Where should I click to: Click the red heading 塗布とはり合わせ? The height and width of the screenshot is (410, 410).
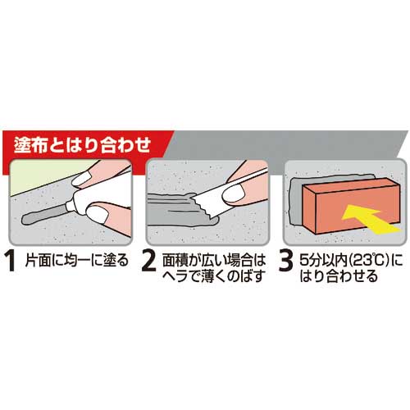click(82, 144)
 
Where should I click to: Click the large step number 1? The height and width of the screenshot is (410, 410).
click(11, 262)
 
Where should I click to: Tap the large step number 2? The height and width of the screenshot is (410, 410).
click(149, 262)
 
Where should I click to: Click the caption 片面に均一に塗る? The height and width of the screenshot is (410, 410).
click(77, 261)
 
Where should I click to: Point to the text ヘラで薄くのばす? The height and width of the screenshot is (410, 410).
click(214, 276)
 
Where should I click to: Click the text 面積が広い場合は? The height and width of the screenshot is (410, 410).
click(214, 261)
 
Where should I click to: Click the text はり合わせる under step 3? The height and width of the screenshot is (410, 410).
click(339, 276)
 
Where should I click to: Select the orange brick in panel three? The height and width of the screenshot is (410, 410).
click(351, 205)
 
